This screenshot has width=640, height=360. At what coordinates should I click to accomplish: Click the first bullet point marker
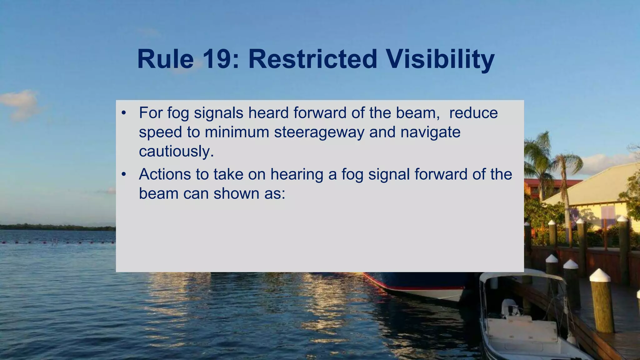[x=124, y=113]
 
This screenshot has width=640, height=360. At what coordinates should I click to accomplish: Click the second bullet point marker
[x=124, y=174]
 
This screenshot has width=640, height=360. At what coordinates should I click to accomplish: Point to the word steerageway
[x=319, y=132]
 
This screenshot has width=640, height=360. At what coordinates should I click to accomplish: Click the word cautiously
[x=176, y=152]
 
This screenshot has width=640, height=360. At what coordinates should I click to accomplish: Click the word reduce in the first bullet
[x=473, y=113]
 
